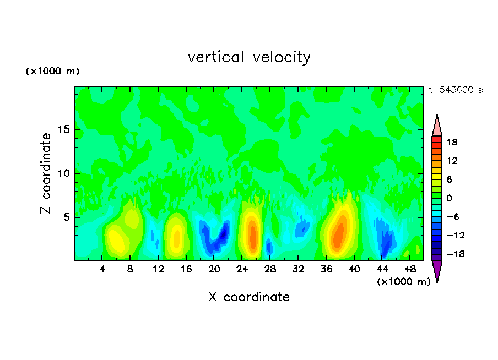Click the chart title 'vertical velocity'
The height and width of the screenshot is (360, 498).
coord(249,57)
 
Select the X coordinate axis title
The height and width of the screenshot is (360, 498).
coord(249,297)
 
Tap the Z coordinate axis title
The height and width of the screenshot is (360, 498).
coord(46,173)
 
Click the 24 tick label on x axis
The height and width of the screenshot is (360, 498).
coord(242,269)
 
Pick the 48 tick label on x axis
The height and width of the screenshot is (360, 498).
coord(410,269)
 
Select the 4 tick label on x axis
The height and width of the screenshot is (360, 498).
coord(102,269)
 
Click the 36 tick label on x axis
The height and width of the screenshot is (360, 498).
coord(326,269)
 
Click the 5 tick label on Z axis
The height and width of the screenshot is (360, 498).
coord(64,217)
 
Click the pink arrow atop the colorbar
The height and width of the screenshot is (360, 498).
coord(437,126)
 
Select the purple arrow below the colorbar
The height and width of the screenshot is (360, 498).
coord(437,270)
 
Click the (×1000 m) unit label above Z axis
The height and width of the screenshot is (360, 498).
coord(52,72)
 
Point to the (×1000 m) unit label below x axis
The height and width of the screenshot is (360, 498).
coord(403,282)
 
